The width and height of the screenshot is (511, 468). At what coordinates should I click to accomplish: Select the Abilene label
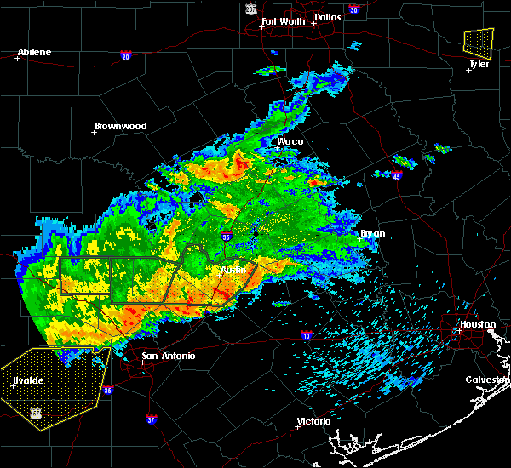[35, 52]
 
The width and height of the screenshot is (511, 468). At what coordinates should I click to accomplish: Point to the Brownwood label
[120, 126]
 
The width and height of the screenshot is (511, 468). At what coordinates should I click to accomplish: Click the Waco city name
[290, 141]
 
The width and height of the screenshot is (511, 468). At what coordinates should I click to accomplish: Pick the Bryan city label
[372, 233]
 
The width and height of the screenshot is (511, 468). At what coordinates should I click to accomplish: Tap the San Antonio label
[168, 356]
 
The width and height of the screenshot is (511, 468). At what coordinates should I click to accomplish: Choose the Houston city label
[478, 324]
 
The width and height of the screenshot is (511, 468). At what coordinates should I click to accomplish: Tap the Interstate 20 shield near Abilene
[125, 55]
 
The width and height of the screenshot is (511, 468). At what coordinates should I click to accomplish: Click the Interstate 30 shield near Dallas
[353, 9]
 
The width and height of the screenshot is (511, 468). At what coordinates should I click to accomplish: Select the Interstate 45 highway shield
[397, 176]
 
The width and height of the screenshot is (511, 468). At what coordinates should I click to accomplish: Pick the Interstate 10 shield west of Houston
[307, 334]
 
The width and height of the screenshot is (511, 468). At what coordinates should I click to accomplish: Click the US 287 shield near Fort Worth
[250, 8]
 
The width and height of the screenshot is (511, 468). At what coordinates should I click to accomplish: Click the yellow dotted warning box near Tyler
[479, 41]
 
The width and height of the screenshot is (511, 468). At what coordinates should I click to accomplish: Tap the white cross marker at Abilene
[17, 58]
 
